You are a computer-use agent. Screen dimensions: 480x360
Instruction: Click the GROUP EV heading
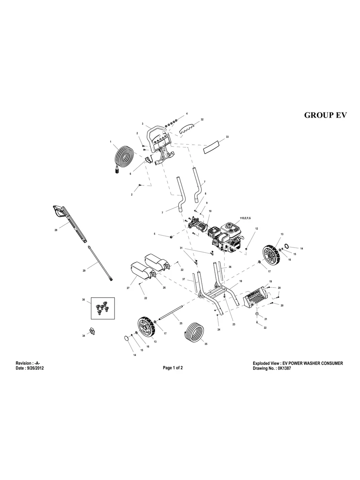click(325, 115)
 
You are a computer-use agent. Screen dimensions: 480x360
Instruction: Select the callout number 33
click(227, 137)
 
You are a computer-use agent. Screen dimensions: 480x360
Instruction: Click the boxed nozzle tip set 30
click(103, 308)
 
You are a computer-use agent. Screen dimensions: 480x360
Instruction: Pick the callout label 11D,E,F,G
click(245, 219)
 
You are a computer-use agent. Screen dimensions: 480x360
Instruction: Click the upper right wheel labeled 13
click(272, 255)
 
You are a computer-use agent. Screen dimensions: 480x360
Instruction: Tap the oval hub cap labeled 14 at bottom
click(127, 338)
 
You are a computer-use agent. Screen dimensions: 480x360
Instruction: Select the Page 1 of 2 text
click(173, 368)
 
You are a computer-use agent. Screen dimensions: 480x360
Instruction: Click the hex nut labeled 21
click(257, 314)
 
